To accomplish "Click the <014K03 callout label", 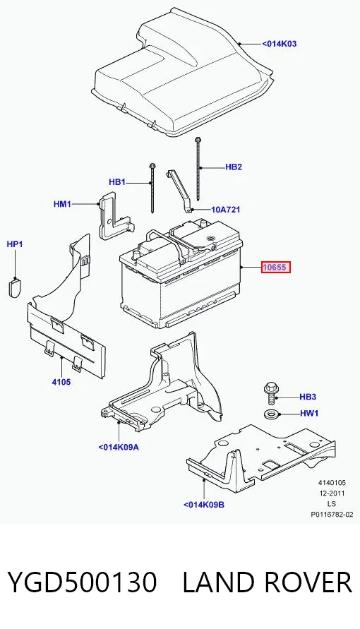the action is pyautogui.click(x=280, y=44).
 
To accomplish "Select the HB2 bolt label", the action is pyautogui.click(x=234, y=167).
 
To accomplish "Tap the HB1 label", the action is pyautogui.click(x=117, y=182).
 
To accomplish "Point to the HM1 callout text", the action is pyautogui.click(x=62, y=204).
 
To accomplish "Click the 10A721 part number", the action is pyautogui.click(x=226, y=210).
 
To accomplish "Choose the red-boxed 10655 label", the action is pyautogui.click(x=275, y=267).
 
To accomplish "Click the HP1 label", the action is pyautogui.click(x=15, y=244).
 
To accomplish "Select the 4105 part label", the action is pyautogui.click(x=61, y=382).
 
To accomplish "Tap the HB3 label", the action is pyautogui.click(x=308, y=397).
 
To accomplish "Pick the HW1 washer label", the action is pyautogui.click(x=309, y=413).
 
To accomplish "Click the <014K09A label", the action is pyautogui.click(x=119, y=447).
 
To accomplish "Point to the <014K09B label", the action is pyautogui.click(x=204, y=505).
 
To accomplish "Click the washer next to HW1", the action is pyautogui.click(x=270, y=413).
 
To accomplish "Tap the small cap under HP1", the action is pyautogui.click(x=14, y=287).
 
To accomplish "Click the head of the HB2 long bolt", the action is pyautogui.click(x=197, y=140).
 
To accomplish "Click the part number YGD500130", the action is pyautogui.click(x=82, y=582).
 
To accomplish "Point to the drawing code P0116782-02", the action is pyautogui.click(x=332, y=514).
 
